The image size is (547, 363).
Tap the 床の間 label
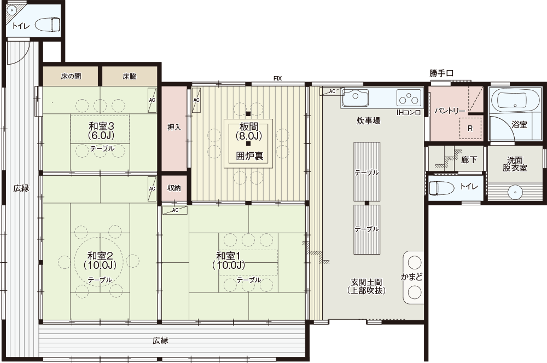pyautogui.click(x=71, y=76)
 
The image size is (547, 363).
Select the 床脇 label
pyautogui.click(x=130, y=76)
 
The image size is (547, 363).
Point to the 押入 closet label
pyautogui.click(x=174, y=126)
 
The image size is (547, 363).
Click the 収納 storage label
pyautogui.click(x=174, y=188)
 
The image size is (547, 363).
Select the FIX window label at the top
pyautogui.click(x=278, y=79)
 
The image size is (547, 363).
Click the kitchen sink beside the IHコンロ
pyautogui.click(x=356, y=97)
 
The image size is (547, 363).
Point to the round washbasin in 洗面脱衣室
pyautogui.click(x=514, y=192)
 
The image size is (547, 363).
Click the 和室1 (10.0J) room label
pyautogui.click(x=229, y=261)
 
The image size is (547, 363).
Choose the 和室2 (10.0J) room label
pyautogui.click(x=101, y=261)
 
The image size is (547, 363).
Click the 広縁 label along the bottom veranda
pyautogui.click(x=160, y=341)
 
